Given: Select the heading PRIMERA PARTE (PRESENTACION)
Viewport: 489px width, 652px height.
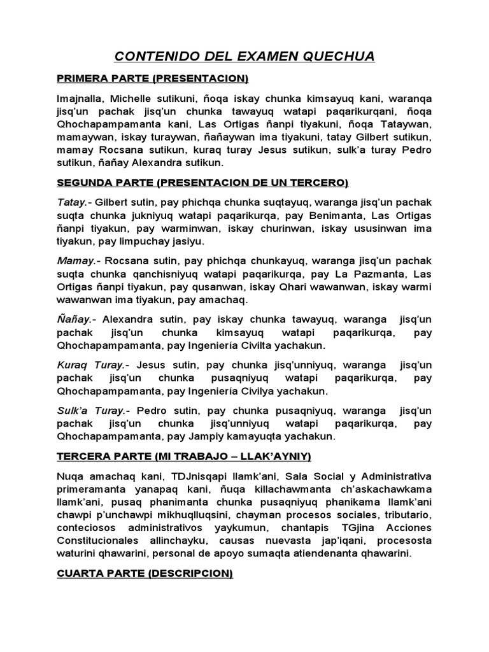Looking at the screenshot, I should pos(152,79).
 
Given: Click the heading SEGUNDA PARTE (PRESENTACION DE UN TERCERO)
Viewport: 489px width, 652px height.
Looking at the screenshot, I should pos(202,183).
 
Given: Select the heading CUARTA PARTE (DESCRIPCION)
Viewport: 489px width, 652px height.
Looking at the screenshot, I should pos(145,574).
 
